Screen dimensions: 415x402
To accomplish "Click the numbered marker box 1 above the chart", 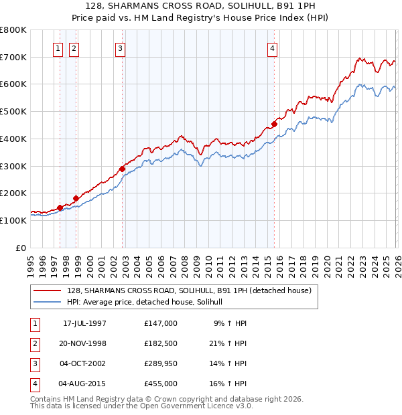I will click(58, 48).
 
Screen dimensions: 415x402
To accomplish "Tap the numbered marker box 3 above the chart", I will click(120, 48).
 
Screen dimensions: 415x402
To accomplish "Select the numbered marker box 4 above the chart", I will click(273, 48).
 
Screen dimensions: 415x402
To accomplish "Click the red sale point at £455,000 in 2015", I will click(275, 124).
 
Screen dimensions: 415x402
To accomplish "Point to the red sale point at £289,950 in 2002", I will click(122, 169).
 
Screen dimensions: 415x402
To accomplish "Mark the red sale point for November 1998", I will click(76, 198).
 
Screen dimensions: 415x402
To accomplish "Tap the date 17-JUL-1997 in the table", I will click(84, 323).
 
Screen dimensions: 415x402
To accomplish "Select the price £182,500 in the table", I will click(160, 343).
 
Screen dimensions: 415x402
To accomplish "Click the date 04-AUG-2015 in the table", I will click(84, 384).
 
